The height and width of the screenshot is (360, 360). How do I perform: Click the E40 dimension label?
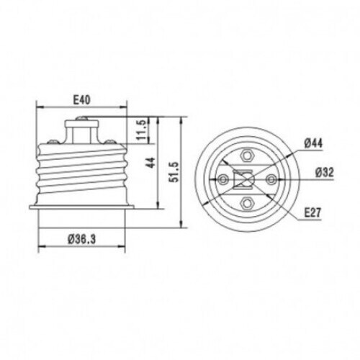(81, 100)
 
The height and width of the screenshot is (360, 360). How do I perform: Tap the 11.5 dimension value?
(141, 130)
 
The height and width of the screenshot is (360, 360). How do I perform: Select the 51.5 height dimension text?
(174, 172)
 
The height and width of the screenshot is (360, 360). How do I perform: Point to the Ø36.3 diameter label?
(81, 239)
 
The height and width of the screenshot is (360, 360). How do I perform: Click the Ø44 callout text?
(313, 143)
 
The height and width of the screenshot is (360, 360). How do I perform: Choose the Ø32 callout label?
(325, 172)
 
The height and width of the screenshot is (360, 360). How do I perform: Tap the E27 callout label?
(312, 212)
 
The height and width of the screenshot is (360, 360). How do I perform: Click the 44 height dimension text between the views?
(151, 163)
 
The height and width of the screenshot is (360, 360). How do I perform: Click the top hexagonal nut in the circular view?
(246, 156)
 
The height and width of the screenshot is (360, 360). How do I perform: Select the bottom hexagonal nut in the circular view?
(246, 203)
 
